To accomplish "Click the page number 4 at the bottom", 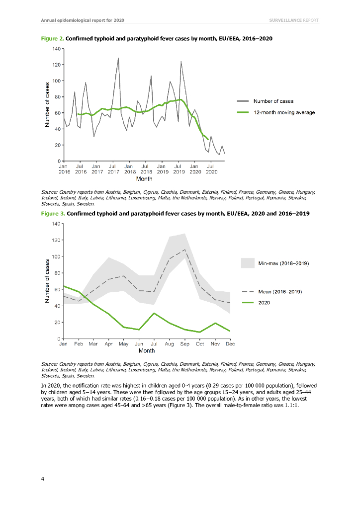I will [43, 479].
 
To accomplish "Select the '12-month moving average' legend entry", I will [284, 112].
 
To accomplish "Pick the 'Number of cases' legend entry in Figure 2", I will [273, 101].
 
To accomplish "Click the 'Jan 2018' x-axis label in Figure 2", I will [128, 170].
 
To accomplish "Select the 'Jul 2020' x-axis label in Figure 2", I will [210, 170].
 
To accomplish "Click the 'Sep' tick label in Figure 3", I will [185, 344].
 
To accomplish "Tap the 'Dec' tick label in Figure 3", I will [230, 344].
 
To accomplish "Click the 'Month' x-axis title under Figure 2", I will [144, 179].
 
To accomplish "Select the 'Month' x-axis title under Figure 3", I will [147, 351].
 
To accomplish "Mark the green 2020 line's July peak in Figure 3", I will [155, 313].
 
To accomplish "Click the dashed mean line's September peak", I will [185, 250].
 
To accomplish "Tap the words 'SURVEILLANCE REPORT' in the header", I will [293, 20].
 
